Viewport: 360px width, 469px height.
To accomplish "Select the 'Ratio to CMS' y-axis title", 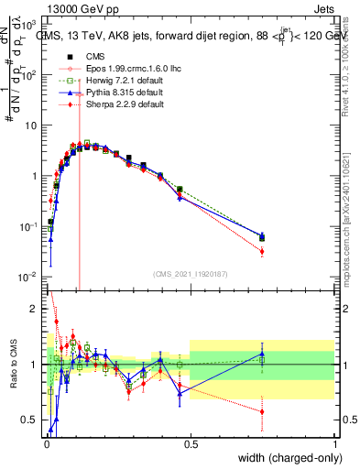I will [x=12, y=365].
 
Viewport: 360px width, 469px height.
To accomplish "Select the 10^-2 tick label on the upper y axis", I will [x=29, y=277].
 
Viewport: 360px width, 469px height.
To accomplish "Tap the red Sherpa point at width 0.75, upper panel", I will [x=262, y=251].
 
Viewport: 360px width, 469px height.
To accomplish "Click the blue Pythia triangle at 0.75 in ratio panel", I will [x=262, y=354].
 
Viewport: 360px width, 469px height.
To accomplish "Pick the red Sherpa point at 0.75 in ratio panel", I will [x=262, y=412].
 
